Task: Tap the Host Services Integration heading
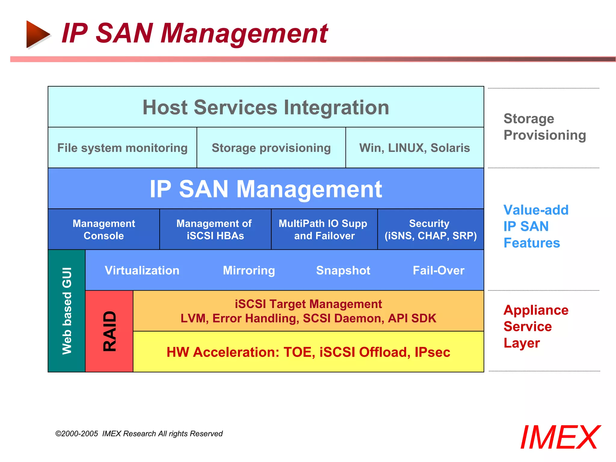(x=266, y=107)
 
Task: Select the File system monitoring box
(x=122, y=148)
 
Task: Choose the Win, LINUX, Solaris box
(x=414, y=148)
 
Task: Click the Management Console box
(x=104, y=229)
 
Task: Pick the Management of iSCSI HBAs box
(x=215, y=229)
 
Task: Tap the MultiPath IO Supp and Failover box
(x=324, y=229)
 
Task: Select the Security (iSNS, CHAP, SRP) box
(x=430, y=229)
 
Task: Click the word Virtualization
(x=142, y=270)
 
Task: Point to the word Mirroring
(x=249, y=270)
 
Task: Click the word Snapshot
(x=343, y=270)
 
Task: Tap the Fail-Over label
(x=438, y=270)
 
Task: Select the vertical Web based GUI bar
(x=66, y=311)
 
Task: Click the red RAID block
(x=109, y=331)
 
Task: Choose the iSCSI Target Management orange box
(x=308, y=311)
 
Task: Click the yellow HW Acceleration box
(x=308, y=352)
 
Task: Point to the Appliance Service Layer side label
(x=535, y=326)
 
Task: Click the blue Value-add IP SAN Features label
(x=535, y=226)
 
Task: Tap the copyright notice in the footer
(x=139, y=433)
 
